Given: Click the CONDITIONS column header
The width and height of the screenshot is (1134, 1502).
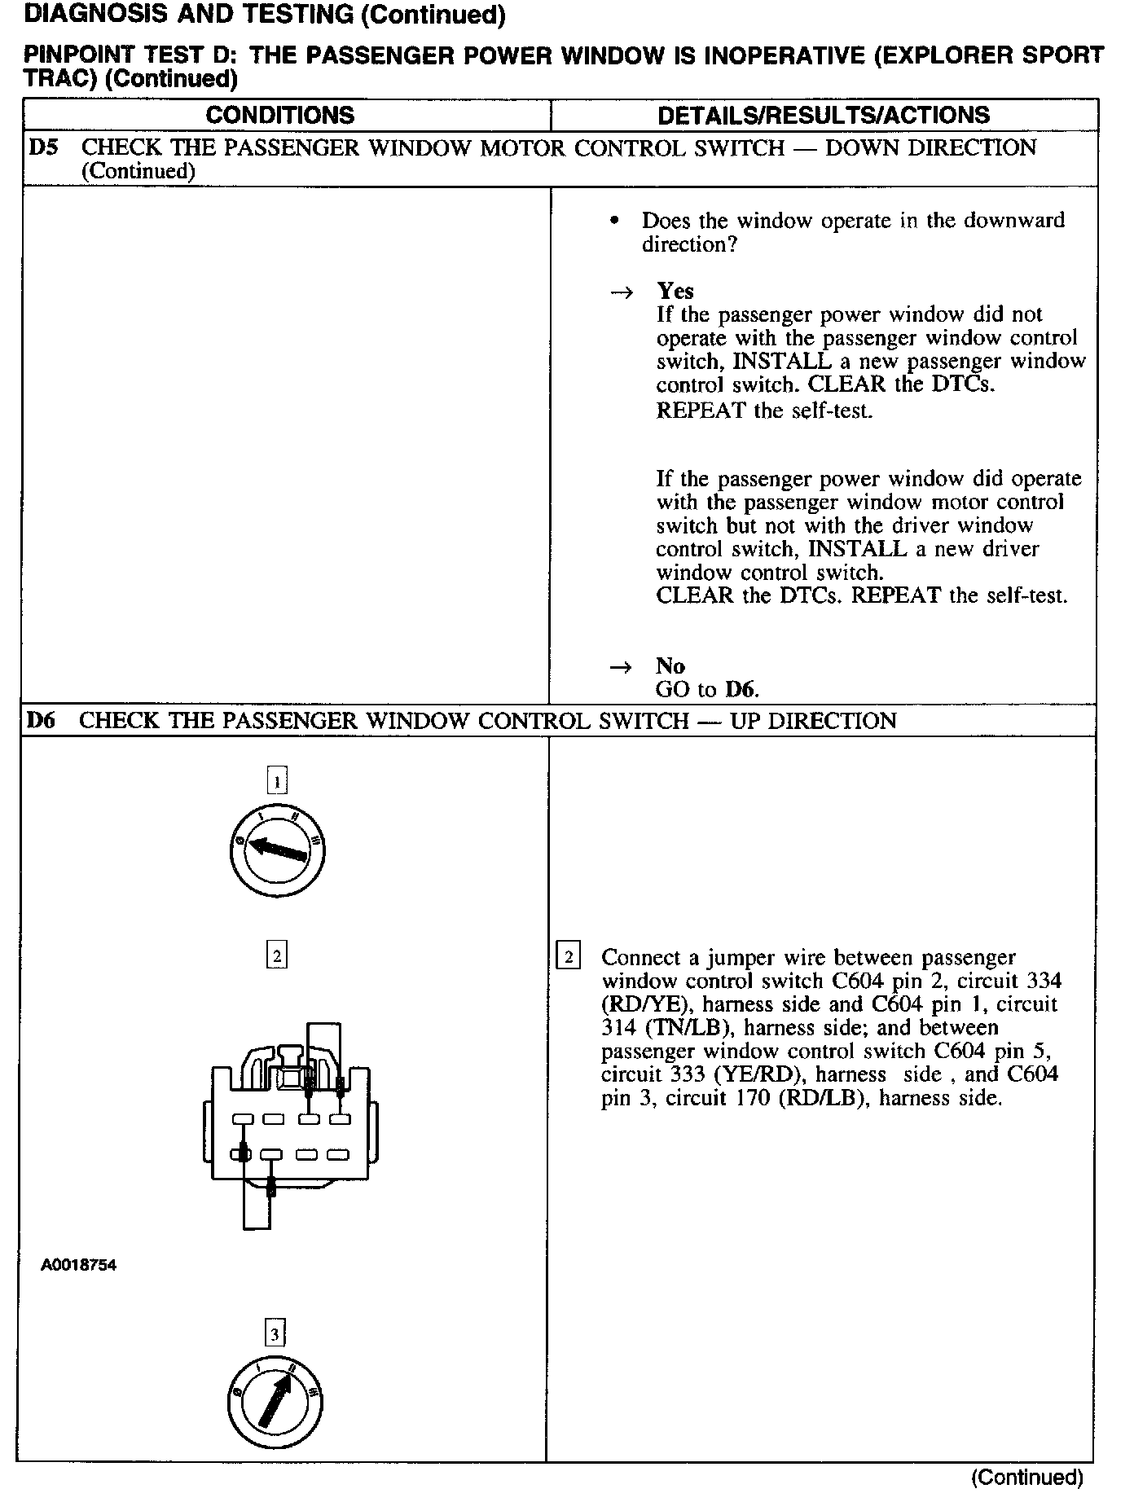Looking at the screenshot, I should (x=279, y=115).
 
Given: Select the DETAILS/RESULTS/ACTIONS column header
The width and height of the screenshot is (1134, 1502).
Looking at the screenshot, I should (x=824, y=115).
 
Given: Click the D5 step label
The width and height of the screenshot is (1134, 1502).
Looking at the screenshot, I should (x=43, y=148).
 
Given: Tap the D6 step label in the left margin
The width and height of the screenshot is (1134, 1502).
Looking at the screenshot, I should (x=42, y=721).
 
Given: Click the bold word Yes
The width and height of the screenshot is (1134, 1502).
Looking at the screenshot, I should (x=675, y=291).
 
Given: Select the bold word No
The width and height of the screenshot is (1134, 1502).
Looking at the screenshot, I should (x=670, y=666).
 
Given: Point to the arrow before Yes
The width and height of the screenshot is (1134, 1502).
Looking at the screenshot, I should (x=622, y=292).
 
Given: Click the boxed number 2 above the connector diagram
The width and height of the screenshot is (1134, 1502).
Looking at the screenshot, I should (x=277, y=954).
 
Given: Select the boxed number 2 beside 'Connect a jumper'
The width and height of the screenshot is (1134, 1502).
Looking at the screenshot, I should (x=568, y=956).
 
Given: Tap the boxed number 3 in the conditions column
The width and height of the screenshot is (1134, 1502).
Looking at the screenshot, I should (x=275, y=1333).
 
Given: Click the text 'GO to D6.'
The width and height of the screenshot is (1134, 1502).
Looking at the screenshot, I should (x=707, y=690).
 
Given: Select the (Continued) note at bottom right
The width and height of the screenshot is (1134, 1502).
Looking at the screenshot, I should (x=1026, y=1477).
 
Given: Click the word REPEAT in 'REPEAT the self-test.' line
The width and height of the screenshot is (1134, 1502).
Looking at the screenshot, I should (x=701, y=411).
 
